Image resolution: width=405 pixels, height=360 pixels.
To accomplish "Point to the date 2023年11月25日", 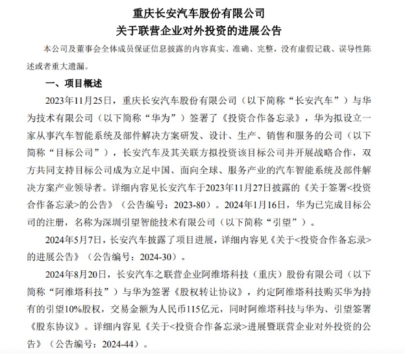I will pyautogui.click(x=76, y=101).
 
